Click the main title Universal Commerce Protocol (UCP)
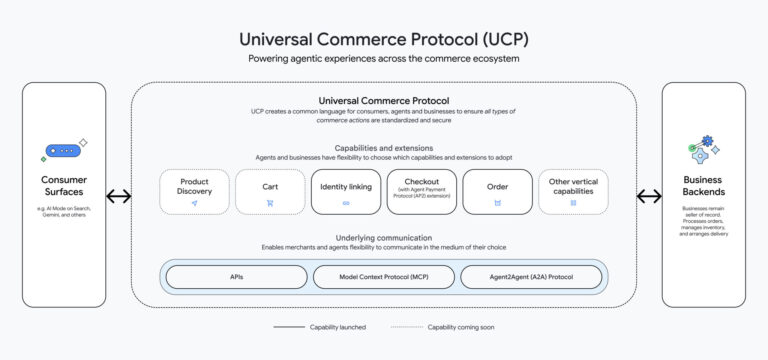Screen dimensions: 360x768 click(383, 38)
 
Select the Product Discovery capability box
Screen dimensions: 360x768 click(194, 191)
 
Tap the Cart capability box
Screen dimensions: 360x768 click(270, 191)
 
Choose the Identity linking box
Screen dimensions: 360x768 click(346, 191)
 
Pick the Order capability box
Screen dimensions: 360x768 click(497, 191)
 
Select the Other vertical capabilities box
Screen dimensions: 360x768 click(573, 191)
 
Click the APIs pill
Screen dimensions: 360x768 click(236, 277)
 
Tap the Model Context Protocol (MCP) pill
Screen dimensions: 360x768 click(383, 277)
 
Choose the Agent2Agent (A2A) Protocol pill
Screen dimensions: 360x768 click(531, 277)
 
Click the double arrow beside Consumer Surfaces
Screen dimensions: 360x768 click(119, 196)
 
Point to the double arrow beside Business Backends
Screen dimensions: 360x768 click(649, 196)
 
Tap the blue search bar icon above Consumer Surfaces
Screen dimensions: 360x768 click(63, 151)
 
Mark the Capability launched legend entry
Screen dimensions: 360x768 click(321, 327)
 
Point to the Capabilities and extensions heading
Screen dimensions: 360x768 click(383, 148)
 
